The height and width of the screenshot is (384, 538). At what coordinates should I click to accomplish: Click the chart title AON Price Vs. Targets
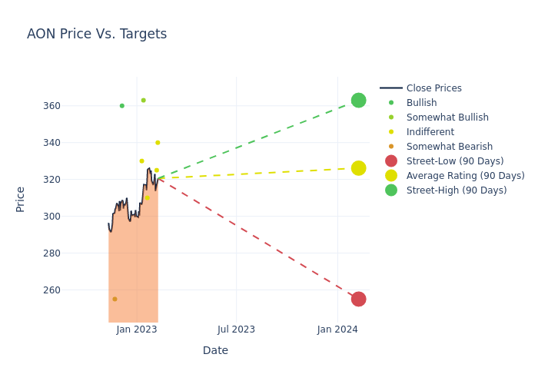[97, 35]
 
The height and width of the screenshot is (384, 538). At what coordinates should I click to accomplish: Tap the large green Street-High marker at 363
[358, 101]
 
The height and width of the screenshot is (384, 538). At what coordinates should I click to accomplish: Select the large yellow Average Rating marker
[358, 168]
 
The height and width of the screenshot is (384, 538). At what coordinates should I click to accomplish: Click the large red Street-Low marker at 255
[358, 299]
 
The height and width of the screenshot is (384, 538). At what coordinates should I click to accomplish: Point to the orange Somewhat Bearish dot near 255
[115, 299]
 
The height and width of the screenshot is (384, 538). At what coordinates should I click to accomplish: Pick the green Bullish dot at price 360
[121, 106]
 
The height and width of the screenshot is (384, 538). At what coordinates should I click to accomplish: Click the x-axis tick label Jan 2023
[137, 329]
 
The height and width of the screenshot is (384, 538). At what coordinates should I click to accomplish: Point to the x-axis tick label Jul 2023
[236, 329]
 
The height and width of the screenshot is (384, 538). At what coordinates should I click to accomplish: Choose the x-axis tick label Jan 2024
[337, 329]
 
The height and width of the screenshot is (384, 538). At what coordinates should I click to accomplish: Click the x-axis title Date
[215, 351]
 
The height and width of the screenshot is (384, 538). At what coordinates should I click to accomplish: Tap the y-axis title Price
[21, 199]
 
